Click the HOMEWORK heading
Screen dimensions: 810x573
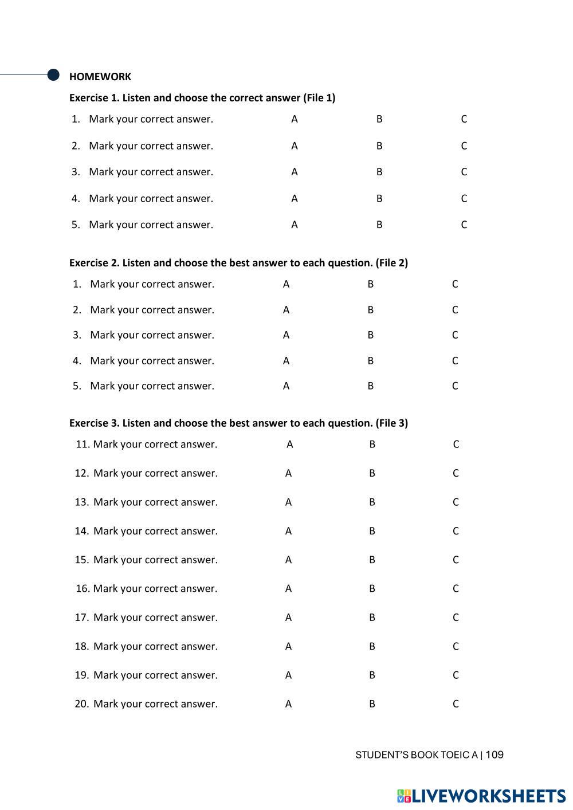(100, 77)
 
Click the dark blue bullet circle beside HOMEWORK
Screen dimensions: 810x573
(53, 74)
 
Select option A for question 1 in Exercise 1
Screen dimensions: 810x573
(295, 119)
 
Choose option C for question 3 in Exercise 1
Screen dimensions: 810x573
(464, 172)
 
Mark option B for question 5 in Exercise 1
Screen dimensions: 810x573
(379, 225)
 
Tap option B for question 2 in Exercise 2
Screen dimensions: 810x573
(371, 310)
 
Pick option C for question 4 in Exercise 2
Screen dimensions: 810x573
(455, 361)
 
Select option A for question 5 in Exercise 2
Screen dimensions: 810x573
(286, 386)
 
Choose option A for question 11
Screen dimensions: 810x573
(290, 445)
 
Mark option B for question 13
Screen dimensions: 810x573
(372, 502)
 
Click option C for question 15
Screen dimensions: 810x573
(456, 560)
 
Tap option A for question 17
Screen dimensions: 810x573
(288, 618)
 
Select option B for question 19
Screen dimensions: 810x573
(372, 675)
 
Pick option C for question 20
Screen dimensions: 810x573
(456, 704)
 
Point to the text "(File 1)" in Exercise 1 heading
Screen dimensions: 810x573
(319, 98)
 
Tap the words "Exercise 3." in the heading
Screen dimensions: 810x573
(94, 423)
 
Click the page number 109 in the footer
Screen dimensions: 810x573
(494, 755)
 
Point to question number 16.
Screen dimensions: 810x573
(83, 589)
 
